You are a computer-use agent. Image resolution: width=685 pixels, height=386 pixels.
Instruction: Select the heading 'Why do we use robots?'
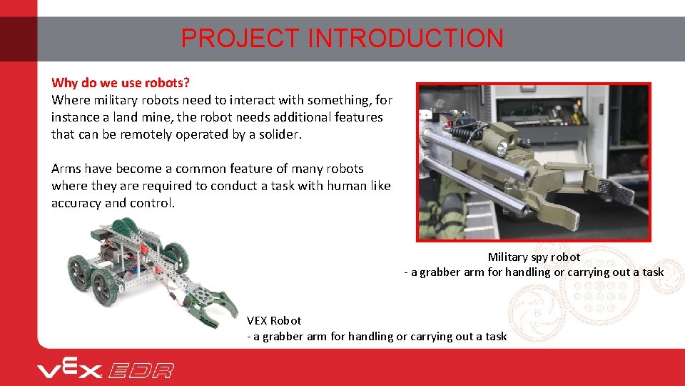click(x=121, y=83)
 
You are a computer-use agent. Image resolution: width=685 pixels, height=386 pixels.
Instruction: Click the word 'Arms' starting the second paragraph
click(x=66, y=169)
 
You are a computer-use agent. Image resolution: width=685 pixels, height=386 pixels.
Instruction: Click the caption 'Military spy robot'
click(x=534, y=257)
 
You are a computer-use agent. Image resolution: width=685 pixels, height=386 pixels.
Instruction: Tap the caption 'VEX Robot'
click(x=274, y=320)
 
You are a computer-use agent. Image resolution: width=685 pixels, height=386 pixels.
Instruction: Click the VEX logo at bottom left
click(x=70, y=369)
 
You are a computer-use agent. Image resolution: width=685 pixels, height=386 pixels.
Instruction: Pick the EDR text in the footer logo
click(x=141, y=370)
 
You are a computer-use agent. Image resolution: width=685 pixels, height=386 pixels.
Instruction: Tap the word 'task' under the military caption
click(x=651, y=272)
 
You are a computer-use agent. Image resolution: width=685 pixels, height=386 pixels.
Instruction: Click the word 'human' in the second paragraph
click(x=350, y=186)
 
